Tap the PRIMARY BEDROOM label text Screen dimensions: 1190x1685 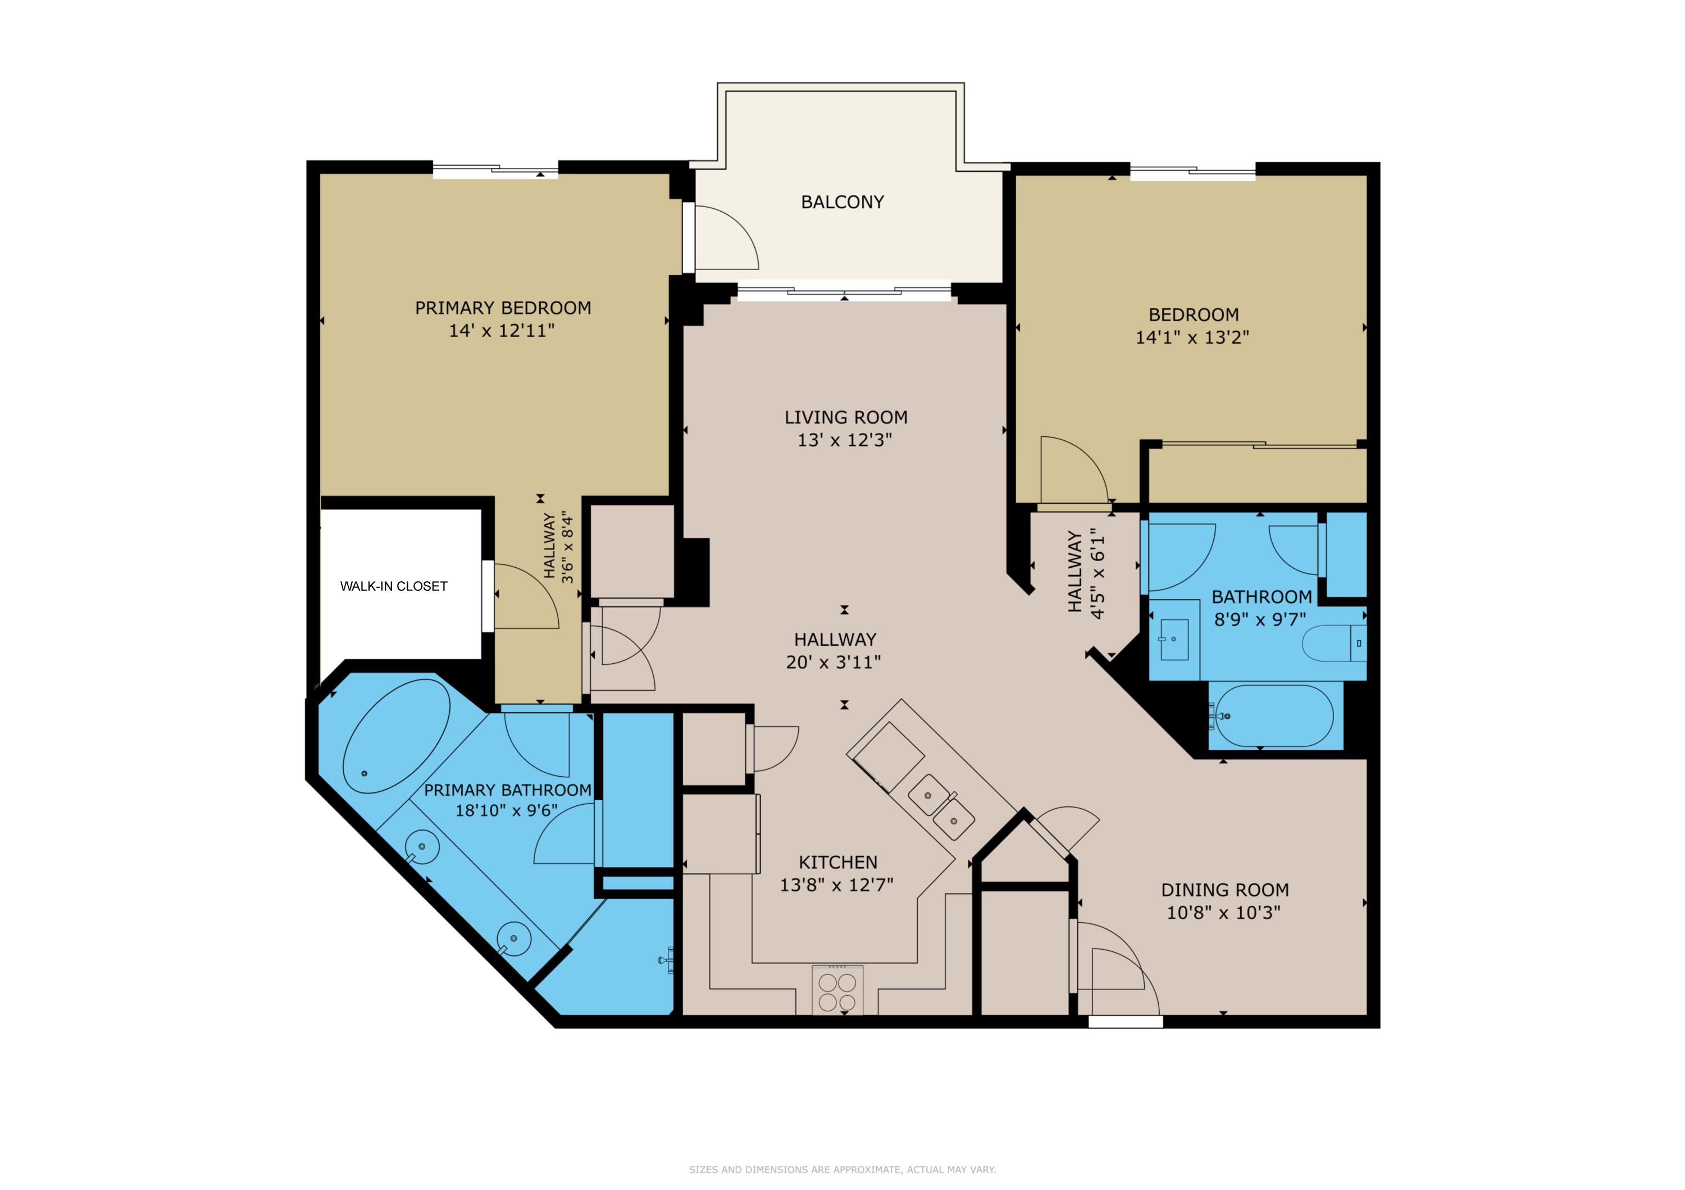[503, 308]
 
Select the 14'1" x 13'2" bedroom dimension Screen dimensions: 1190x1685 [1192, 338]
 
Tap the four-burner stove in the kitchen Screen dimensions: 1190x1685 [837, 992]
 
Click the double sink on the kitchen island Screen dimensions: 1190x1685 [941, 805]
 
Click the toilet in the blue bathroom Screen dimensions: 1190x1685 [1333, 644]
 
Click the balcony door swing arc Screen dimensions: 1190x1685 [727, 236]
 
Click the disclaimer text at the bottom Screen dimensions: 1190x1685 [842, 1169]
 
